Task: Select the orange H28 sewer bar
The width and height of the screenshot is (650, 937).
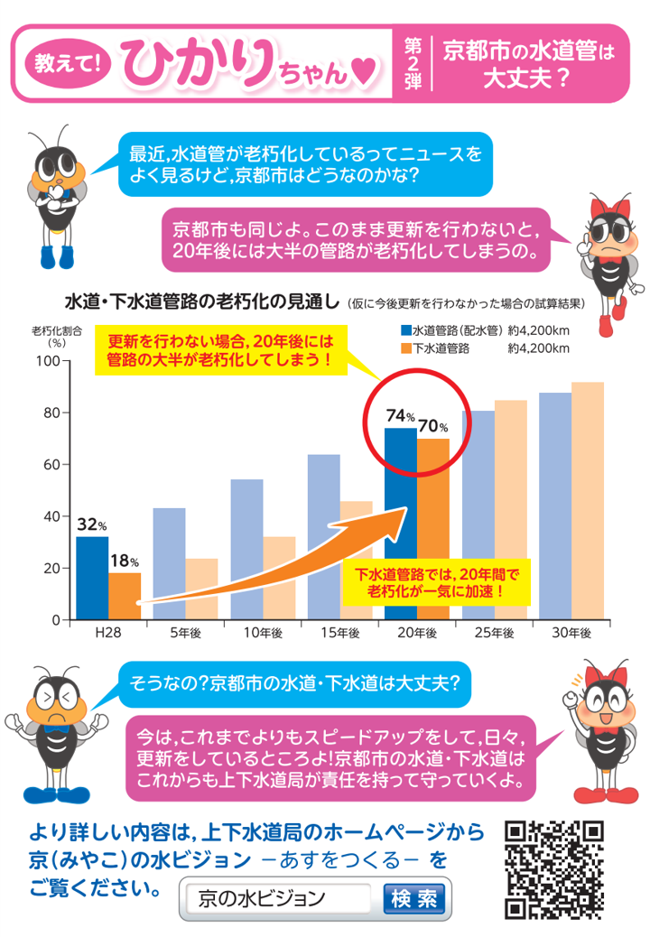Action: pos(125,596)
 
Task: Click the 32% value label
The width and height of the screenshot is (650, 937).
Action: pos(91,524)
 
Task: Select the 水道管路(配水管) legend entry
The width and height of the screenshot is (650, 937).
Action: pos(451,329)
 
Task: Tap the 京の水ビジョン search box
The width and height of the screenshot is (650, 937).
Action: pos(277,898)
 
